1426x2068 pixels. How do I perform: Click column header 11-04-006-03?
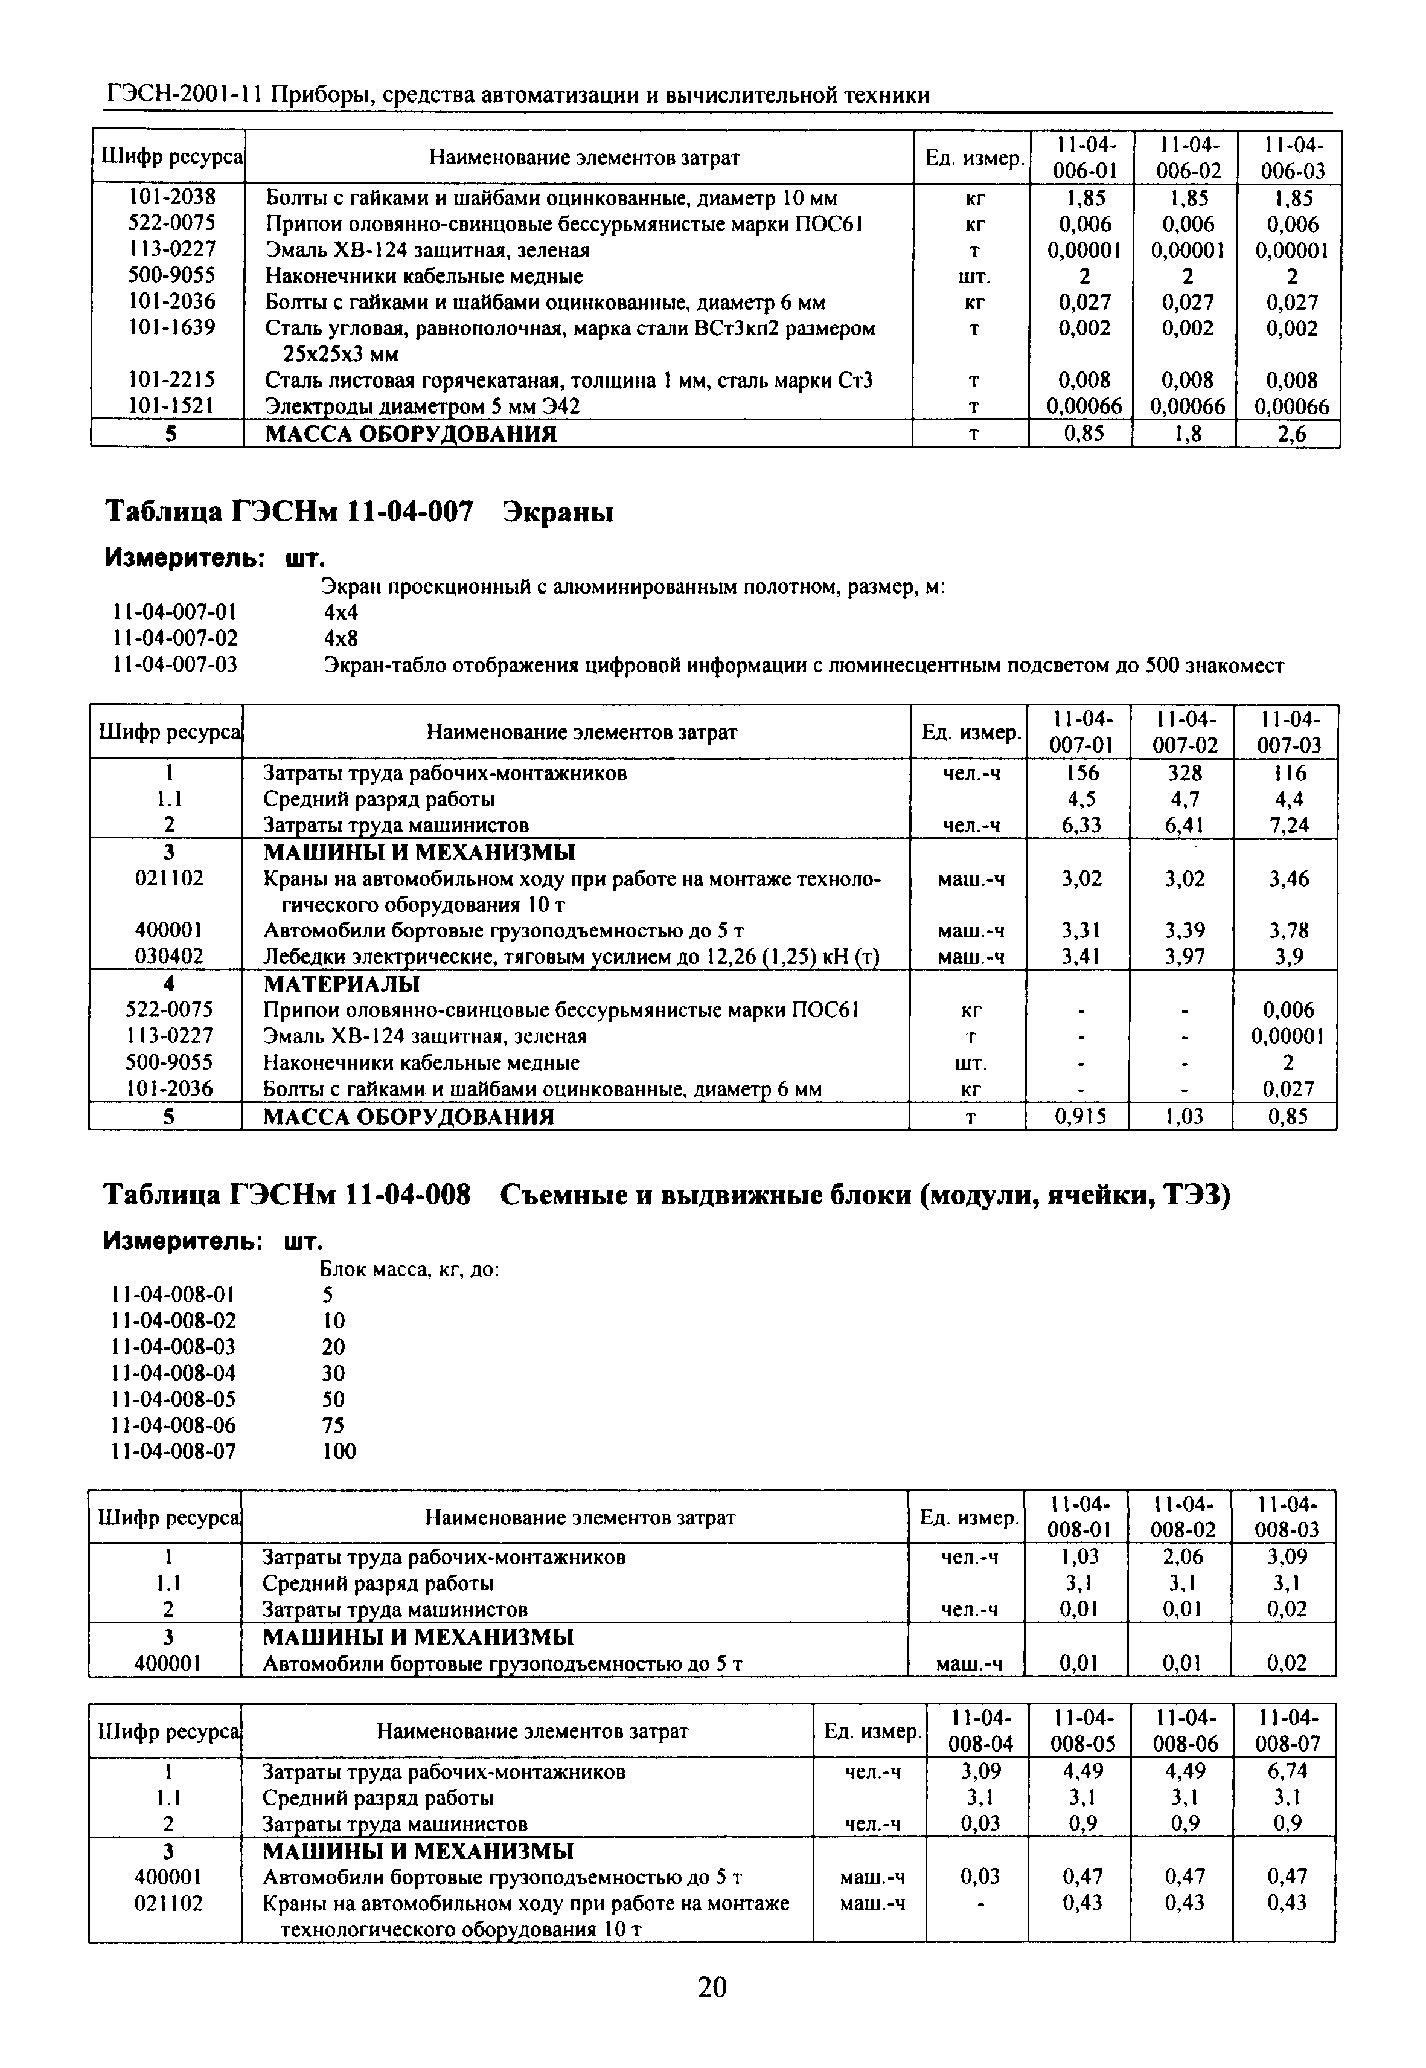coord(1292,157)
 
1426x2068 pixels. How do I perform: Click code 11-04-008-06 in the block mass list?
coord(174,1425)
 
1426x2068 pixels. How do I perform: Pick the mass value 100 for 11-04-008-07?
coord(339,1451)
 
